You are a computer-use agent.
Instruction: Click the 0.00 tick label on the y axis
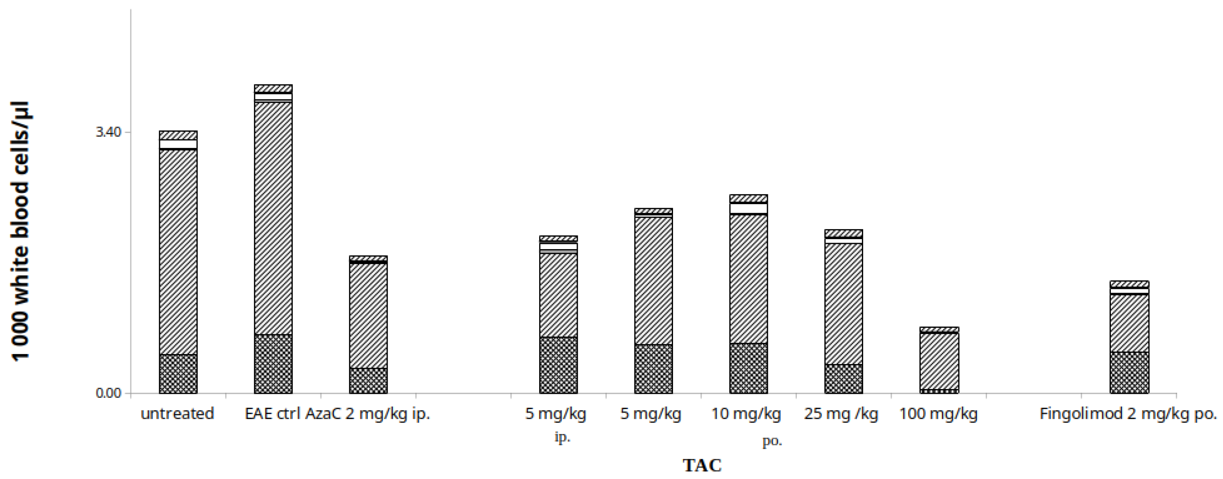point(109,393)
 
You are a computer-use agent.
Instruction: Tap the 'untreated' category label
point(177,414)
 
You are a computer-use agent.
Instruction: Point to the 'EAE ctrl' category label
point(272,414)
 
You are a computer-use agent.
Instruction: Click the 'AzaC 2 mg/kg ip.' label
point(367,414)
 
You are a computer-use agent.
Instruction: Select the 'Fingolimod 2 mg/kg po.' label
point(1128,414)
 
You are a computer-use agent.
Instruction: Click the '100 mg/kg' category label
point(938,414)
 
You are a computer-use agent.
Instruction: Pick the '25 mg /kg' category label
point(841,414)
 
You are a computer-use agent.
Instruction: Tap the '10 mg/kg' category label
point(746,414)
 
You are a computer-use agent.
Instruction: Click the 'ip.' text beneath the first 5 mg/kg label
point(562,437)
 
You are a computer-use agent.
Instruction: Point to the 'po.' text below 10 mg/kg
point(772,441)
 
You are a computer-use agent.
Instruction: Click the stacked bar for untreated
point(178,261)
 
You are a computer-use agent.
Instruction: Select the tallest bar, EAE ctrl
point(273,237)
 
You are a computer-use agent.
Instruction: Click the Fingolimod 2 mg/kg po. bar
point(1129,337)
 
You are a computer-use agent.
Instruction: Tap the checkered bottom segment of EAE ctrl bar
point(273,364)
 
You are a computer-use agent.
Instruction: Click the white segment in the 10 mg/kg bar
point(748,208)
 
